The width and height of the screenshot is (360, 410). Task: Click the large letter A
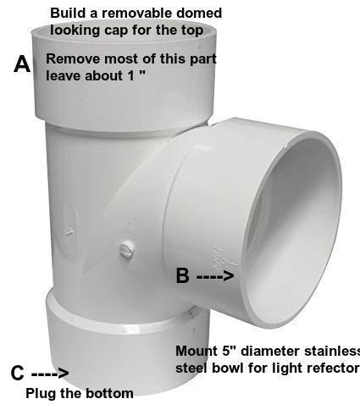(22, 64)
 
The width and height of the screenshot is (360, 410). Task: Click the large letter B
(182, 275)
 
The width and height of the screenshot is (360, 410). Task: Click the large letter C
(18, 373)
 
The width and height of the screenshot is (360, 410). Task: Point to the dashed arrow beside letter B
(215, 276)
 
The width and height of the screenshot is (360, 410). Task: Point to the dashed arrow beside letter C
(50, 374)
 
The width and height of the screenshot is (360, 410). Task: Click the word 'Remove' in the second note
(73, 58)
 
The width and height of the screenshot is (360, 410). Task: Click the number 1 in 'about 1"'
(130, 75)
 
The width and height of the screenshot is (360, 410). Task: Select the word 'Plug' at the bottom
(41, 393)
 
